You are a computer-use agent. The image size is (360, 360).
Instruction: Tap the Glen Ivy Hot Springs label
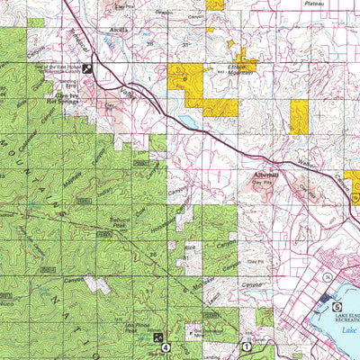[x=61, y=99]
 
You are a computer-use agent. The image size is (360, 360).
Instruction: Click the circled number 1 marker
[x=247, y=345]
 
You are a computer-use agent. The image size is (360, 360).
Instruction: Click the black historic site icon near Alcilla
[x=88, y=67]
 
